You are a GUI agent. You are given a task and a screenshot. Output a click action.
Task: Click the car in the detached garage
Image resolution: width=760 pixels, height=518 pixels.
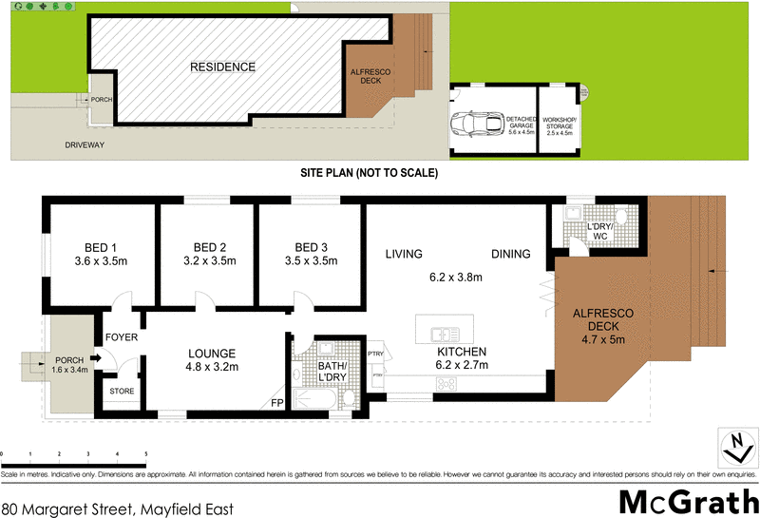point(480,125)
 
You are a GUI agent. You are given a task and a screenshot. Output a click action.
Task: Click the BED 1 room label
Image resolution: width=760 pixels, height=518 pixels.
point(94,253)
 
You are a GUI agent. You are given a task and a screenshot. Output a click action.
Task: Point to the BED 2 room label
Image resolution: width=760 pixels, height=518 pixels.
point(207,253)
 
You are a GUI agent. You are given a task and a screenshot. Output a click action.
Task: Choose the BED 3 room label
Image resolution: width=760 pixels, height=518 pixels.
point(311,253)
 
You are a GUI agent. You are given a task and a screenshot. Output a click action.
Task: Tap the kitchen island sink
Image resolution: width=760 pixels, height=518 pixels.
point(443,335)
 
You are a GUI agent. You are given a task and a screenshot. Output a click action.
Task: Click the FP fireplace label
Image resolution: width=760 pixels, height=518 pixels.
point(277,403)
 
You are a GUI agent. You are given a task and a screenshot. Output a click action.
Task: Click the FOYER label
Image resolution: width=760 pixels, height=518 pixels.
point(121,337)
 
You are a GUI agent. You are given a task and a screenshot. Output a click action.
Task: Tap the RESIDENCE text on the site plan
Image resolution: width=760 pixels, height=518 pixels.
point(222,67)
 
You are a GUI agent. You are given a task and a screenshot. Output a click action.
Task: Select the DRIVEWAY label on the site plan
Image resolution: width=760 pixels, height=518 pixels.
point(85,145)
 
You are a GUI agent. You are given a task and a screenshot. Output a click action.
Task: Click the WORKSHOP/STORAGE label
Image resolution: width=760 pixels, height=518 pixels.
point(558,125)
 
